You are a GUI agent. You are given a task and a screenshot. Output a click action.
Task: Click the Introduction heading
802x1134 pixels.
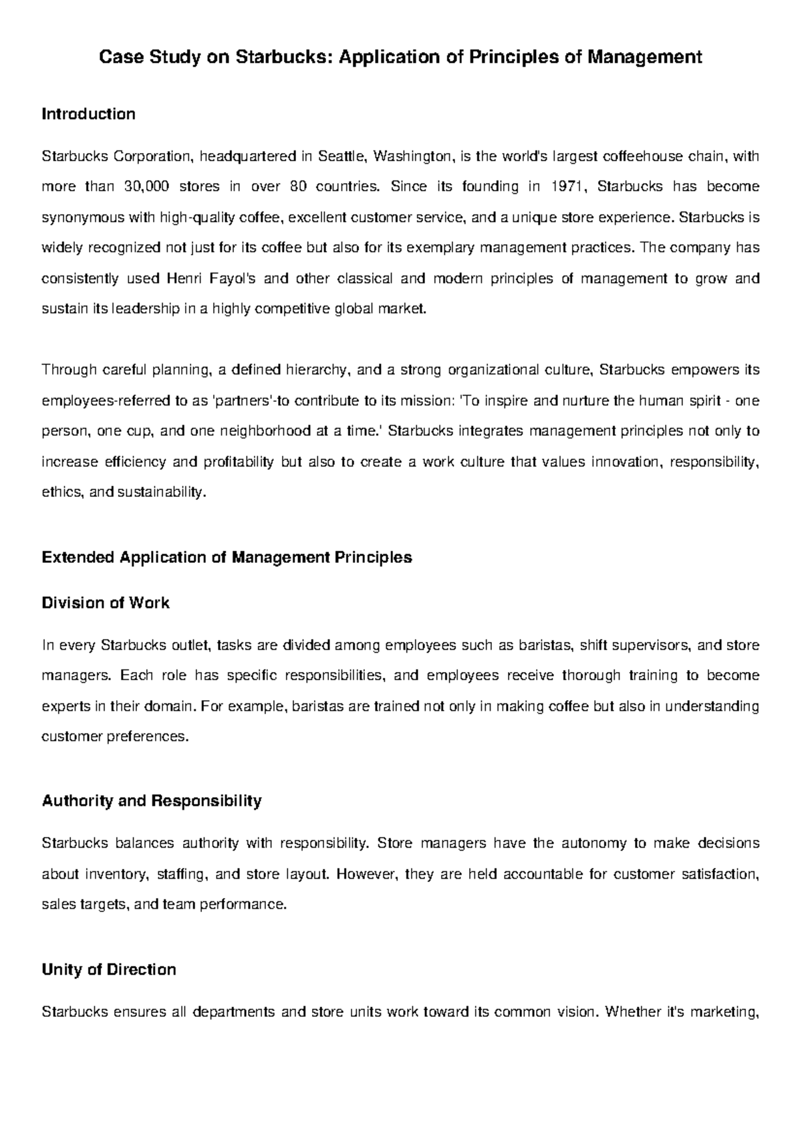88,114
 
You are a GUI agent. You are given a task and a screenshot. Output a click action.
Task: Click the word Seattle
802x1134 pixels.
342,156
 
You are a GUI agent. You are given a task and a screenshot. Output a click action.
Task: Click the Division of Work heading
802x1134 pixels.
106,603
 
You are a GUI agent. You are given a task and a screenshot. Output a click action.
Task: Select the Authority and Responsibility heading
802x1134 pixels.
152,801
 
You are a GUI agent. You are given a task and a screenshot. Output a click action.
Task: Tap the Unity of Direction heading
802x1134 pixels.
109,970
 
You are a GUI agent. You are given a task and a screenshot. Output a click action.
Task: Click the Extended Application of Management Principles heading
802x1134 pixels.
227,558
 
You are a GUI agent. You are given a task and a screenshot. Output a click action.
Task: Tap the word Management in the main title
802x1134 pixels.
644,58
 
